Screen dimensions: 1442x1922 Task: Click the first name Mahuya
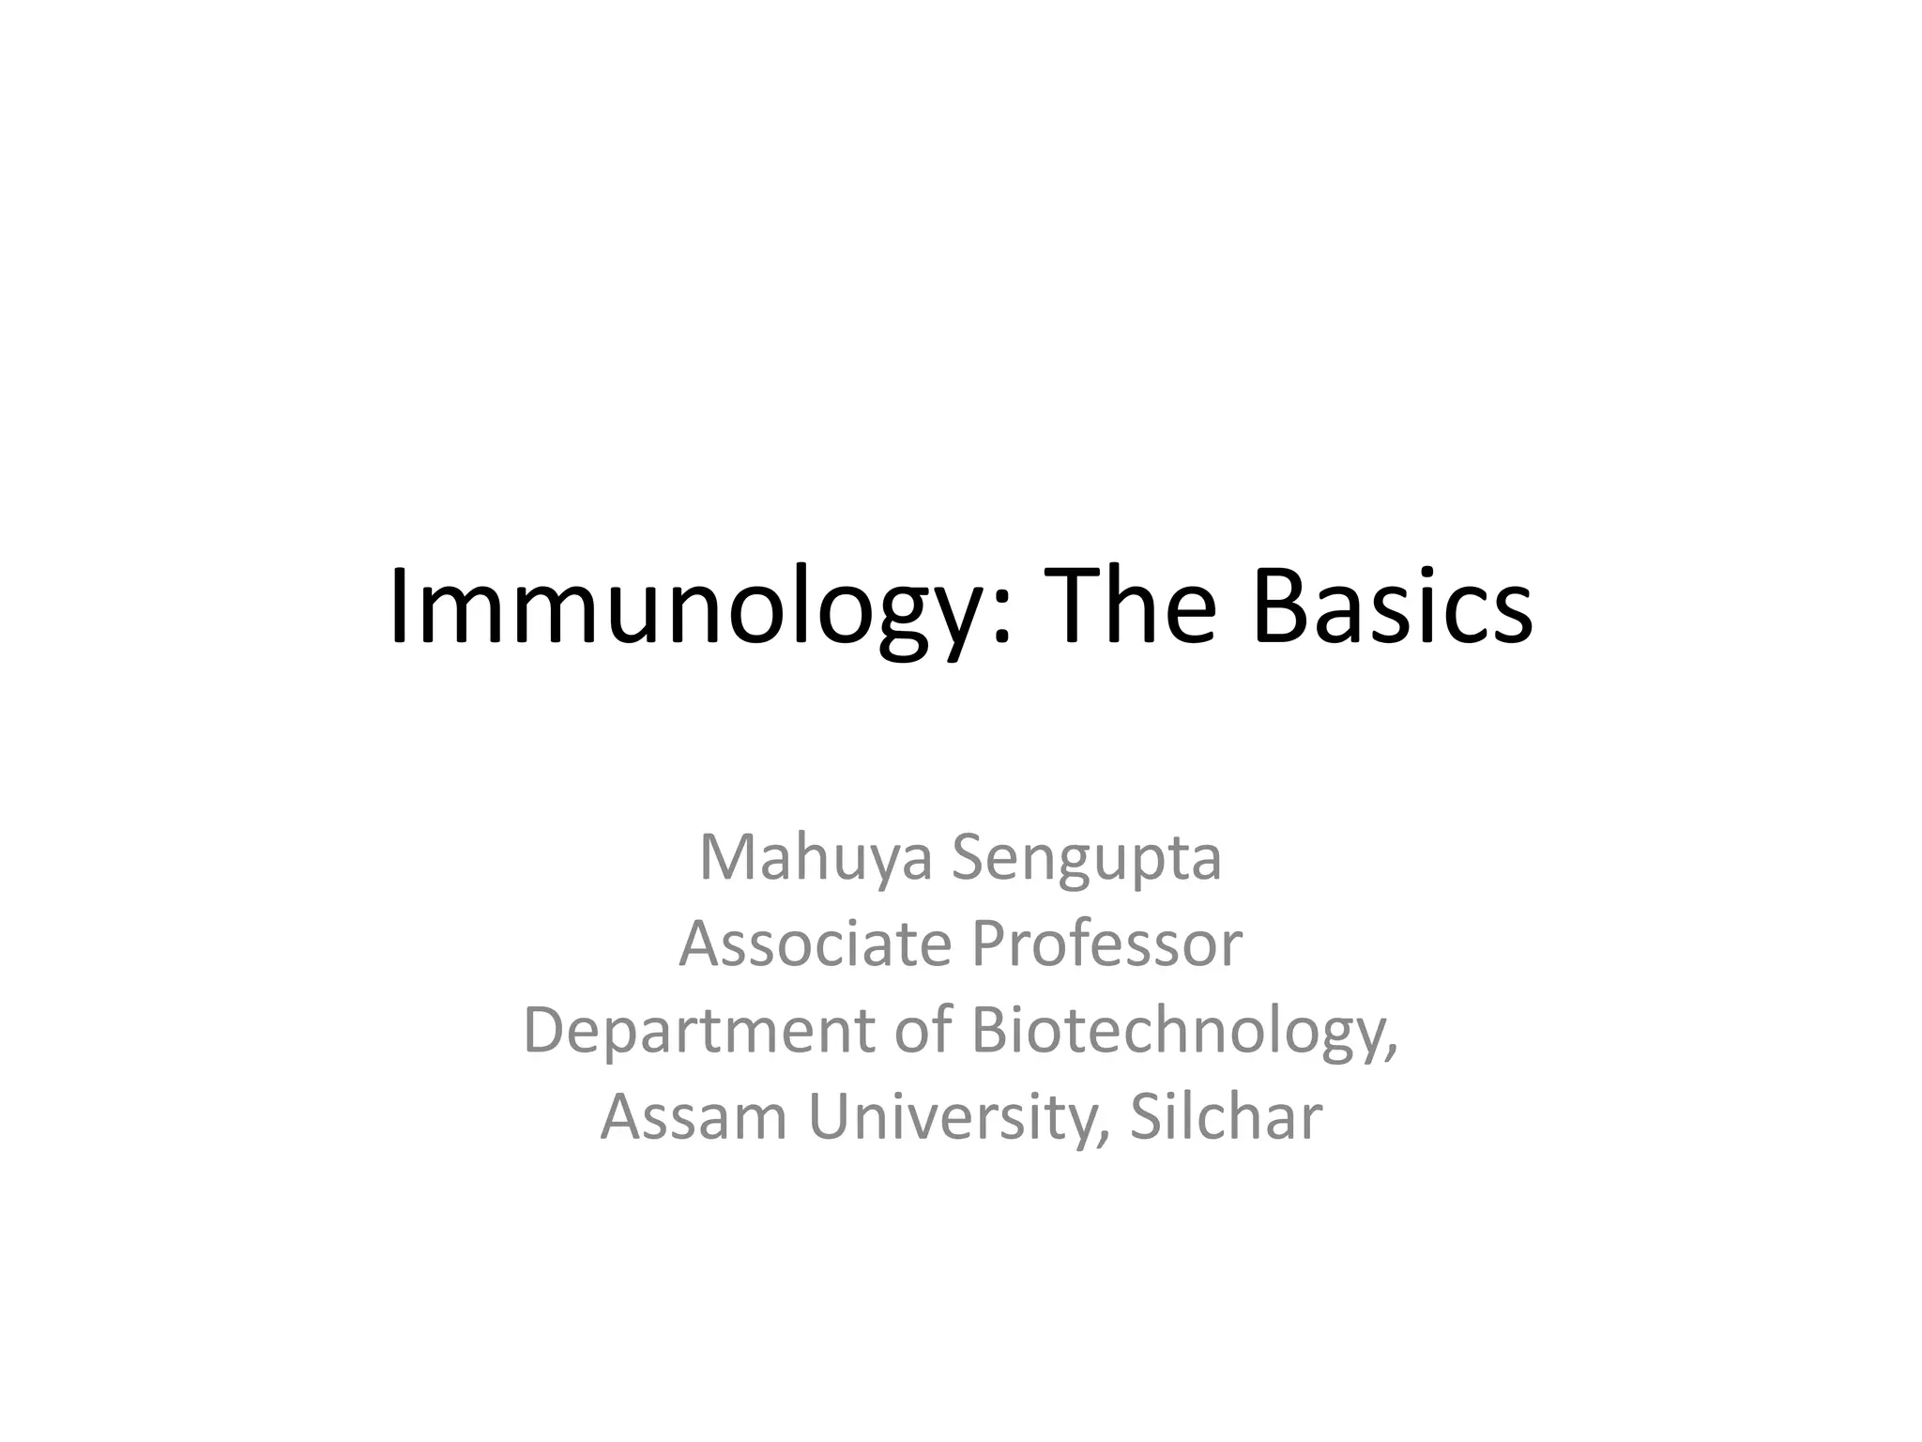[816, 859]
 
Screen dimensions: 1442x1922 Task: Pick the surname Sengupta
[1087, 859]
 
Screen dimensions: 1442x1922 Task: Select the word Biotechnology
[1176, 1031]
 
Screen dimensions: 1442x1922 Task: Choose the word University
[951, 1117]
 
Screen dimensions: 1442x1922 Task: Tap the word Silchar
[1226, 1117]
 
